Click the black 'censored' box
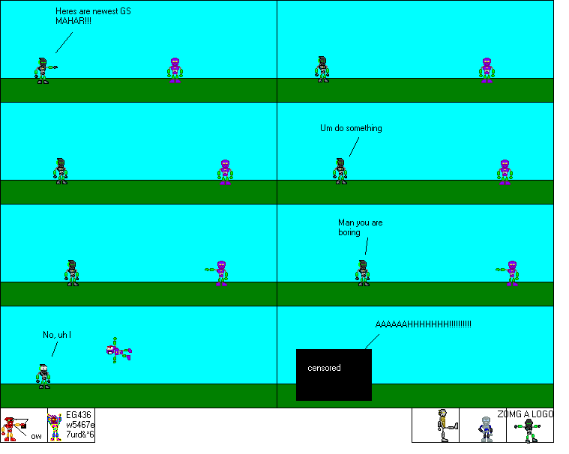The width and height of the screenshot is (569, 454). pos(334,374)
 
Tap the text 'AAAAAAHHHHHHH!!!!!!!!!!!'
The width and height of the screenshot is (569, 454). pos(423,324)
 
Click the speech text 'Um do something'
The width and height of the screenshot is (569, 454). pos(351,128)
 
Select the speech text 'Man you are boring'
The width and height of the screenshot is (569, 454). pos(360,227)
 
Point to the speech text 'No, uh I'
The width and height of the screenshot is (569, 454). pos(57,334)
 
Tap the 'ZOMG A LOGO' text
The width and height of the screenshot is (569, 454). pos(525,414)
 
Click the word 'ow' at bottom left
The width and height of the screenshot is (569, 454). pos(36,436)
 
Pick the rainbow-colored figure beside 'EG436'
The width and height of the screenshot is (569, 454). pos(55,427)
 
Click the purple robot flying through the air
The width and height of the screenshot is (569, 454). pos(118,350)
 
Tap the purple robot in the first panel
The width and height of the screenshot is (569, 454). pos(175,70)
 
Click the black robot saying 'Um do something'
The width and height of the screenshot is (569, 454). pos(340,171)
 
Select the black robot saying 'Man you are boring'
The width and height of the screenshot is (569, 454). pos(363,273)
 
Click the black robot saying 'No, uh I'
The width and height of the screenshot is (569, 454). pos(44,375)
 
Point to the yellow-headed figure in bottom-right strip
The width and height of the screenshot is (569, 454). pos(444,423)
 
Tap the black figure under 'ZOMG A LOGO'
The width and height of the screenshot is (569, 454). pos(529,430)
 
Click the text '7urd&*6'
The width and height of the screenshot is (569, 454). pos(80,435)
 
